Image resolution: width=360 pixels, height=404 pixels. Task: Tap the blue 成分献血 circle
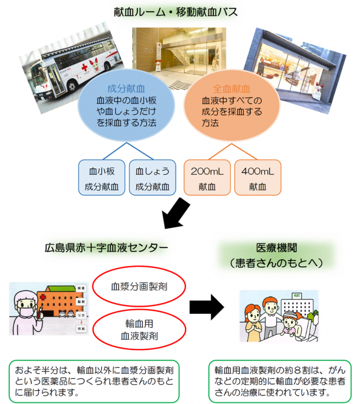pos(127,106)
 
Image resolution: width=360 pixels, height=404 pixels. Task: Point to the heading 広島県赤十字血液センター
pos(106,247)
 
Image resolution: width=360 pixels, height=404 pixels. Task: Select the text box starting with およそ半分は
pos(94,382)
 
